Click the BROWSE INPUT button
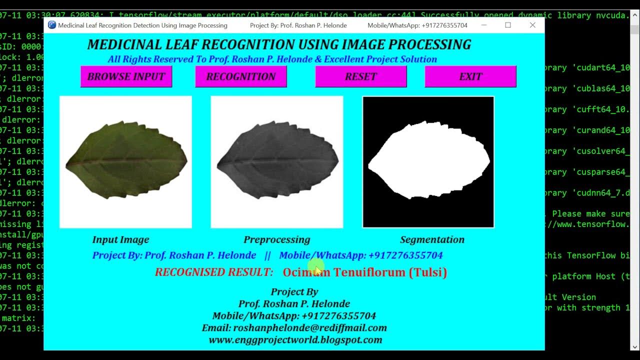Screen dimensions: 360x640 126,76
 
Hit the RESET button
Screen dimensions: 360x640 360,76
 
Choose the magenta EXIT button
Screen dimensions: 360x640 470,76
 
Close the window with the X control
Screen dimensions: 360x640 532,25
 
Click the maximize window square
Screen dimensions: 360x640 508,25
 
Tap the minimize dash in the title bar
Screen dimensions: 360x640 483,25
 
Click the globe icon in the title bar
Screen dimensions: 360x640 52,25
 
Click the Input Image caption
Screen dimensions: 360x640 120,239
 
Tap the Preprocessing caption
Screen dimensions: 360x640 277,239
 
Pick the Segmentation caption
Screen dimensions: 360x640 432,239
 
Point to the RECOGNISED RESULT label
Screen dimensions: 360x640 214,272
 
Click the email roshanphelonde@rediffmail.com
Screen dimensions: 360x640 309,328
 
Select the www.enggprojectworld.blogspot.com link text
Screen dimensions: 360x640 295,340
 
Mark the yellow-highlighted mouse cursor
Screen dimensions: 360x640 316,268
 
